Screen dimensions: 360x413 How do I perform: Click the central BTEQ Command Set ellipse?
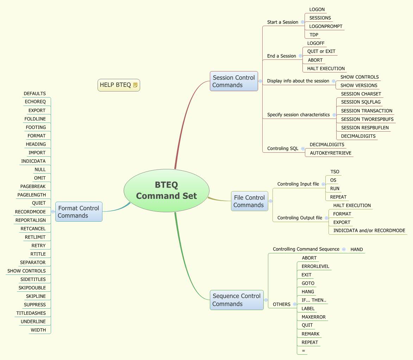tap(166, 190)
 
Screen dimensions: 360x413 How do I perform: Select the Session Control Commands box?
tap(234, 81)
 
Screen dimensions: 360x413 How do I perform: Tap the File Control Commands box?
tap(249, 201)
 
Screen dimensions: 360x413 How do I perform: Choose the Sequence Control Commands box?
tap(236, 300)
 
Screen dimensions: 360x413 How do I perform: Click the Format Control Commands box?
tap(79, 212)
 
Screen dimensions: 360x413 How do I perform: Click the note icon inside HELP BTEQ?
tap(136, 85)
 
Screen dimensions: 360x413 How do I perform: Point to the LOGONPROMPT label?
tap(326, 26)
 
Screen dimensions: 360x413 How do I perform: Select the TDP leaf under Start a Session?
tap(314, 35)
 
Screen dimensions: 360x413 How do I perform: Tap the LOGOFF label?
tap(316, 43)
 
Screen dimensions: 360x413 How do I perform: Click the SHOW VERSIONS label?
tap(358, 86)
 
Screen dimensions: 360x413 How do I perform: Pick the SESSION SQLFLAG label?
tap(361, 102)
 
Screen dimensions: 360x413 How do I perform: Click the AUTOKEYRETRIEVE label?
tap(331, 153)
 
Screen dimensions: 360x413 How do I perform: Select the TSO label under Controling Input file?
tap(334, 172)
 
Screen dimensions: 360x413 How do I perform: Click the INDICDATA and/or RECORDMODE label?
tap(369, 231)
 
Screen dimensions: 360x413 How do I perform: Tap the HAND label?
tap(357, 250)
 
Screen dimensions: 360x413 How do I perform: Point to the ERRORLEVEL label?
tap(315, 266)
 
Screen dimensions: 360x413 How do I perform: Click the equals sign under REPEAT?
tap(304, 351)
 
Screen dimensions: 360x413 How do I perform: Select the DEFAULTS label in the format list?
tap(35, 94)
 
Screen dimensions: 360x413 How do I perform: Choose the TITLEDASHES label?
tap(31, 313)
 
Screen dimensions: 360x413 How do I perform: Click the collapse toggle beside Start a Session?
tap(302, 22)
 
